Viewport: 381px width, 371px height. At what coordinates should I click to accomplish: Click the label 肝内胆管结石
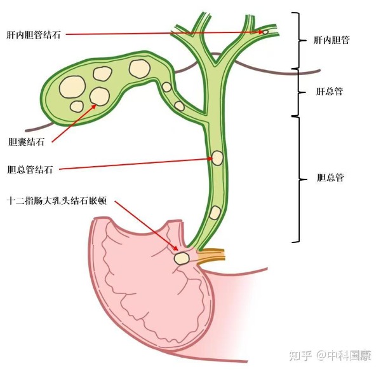(x=34, y=35)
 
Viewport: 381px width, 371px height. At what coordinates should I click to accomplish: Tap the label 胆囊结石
(x=26, y=141)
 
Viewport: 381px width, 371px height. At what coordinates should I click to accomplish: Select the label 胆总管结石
(x=30, y=169)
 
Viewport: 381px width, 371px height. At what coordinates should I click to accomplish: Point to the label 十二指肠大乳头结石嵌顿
(x=57, y=201)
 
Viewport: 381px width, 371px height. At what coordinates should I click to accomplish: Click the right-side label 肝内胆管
(x=331, y=40)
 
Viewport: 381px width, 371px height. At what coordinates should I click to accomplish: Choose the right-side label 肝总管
(x=330, y=91)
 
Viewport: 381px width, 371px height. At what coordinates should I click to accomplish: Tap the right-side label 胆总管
(x=330, y=178)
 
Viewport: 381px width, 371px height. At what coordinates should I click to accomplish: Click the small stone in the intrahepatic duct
(x=265, y=32)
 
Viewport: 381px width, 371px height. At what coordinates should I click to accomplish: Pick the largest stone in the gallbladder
(x=72, y=87)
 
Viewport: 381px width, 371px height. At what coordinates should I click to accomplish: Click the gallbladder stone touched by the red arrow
(x=100, y=96)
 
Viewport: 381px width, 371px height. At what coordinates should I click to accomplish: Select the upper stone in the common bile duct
(x=217, y=158)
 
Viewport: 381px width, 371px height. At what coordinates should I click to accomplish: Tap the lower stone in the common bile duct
(x=215, y=213)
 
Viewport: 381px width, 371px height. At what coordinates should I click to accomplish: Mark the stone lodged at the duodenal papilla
(x=182, y=258)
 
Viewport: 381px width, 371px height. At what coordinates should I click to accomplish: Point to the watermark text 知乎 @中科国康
(x=330, y=356)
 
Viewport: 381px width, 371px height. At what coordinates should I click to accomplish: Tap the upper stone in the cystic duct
(x=166, y=87)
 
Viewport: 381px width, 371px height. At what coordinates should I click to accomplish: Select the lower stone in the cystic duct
(x=180, y=106)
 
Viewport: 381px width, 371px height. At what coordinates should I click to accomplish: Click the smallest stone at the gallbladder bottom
(x=77, y=107)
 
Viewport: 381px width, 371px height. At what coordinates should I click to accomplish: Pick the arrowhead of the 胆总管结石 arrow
(x=210, y=158)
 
